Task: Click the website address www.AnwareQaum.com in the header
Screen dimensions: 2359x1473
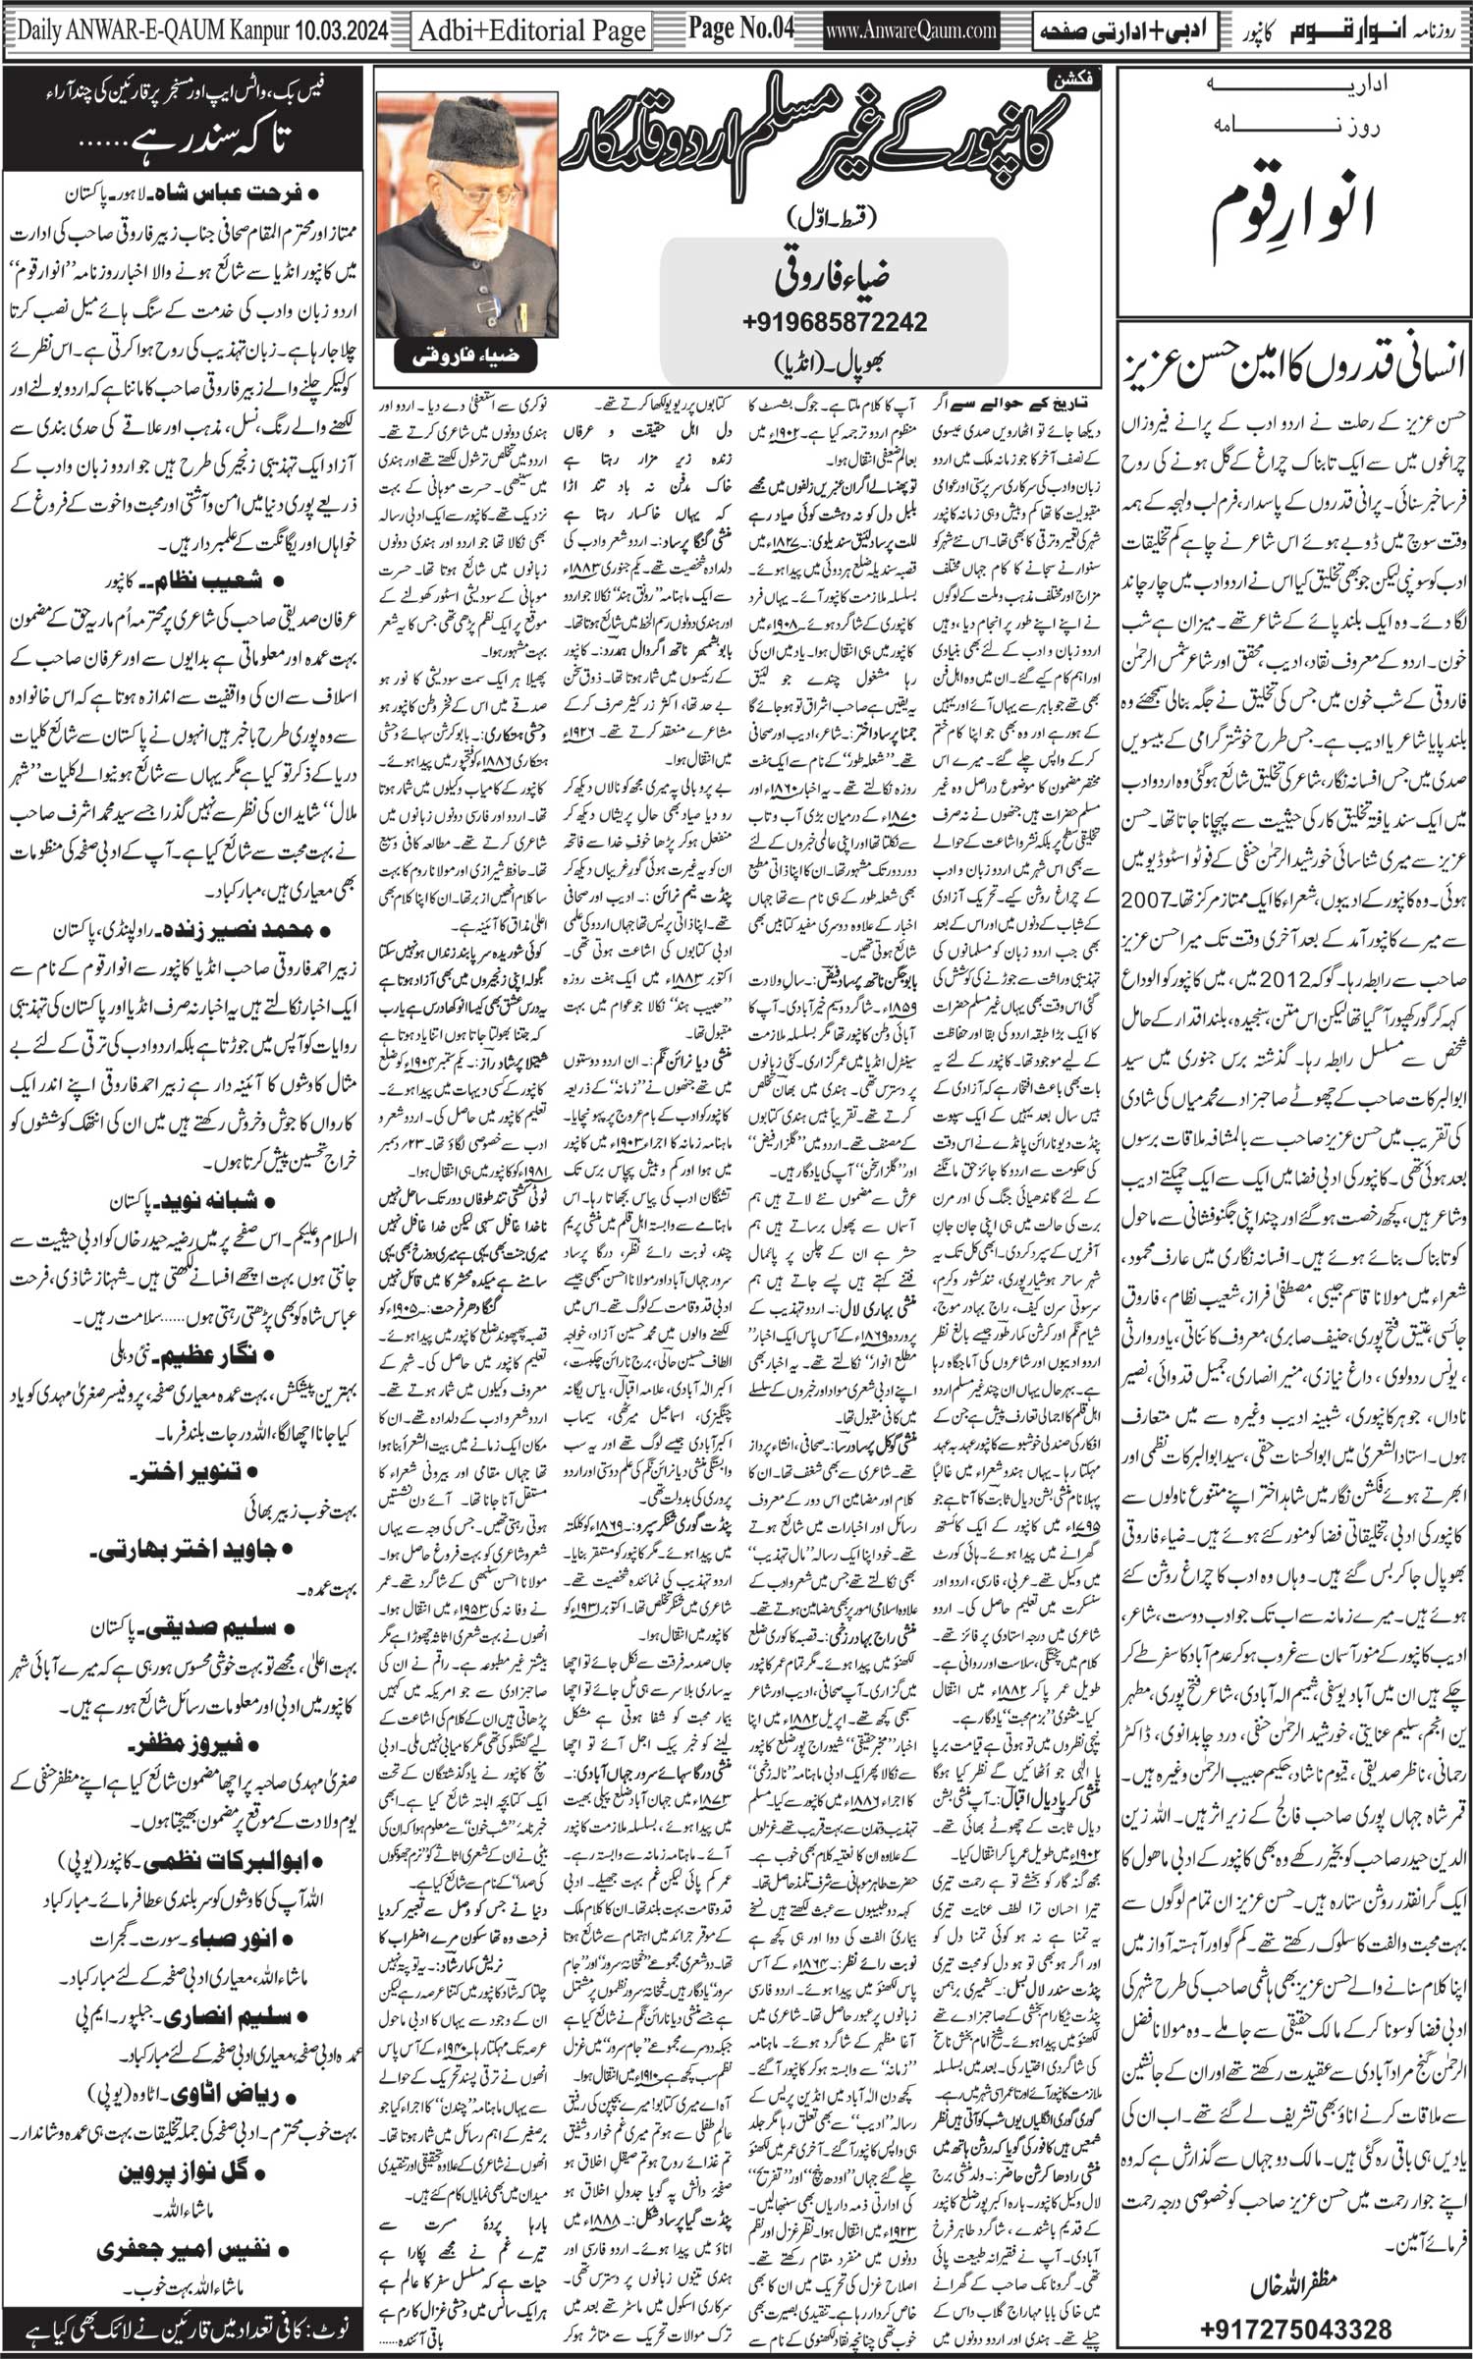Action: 912,32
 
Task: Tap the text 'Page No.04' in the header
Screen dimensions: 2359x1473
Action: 739,29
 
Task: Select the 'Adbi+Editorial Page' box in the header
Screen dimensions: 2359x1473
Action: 531,32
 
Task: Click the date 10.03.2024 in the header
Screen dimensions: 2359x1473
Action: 336,32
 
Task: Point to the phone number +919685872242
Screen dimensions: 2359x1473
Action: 836,320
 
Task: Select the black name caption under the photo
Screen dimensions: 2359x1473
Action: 466,357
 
